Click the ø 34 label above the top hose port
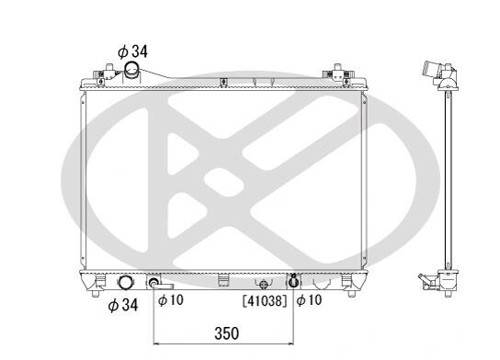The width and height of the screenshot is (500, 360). [132, 51]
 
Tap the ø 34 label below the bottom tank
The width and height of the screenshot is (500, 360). [123, 305]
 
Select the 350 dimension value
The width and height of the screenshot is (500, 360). [226, 333]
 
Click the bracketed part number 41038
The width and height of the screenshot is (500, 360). [265, 300]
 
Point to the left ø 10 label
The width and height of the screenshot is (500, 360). [171, 299]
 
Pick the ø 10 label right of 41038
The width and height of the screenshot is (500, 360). [309, 300]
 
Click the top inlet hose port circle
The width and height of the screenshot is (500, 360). [131, 69]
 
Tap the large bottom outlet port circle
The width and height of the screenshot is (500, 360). [126, 283]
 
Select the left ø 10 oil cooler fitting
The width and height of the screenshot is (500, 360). [154, 282]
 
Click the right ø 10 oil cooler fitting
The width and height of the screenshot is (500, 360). [294, 282]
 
